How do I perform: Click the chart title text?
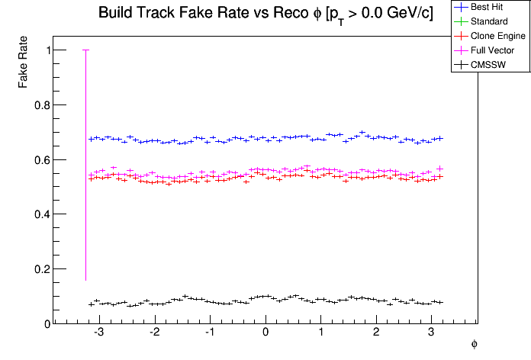[x=265, y=14]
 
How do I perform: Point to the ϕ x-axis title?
[x=474, y=345]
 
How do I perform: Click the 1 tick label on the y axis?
[x=47, y=50]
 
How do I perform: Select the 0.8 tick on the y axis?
[x=42, y=105]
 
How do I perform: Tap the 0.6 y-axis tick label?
[x=42, y=160]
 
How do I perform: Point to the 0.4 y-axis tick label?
[x=42, y=214]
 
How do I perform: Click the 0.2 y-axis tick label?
[x=42, y=269]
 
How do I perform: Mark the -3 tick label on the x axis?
[x=98, y=333]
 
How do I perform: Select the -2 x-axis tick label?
[x=154, y=333]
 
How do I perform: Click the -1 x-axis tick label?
[x=210, y=333]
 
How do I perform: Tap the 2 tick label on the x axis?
[x=377, y=333]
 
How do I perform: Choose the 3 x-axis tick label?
[x=433, y=333]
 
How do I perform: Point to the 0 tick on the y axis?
[x=47, y=324]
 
